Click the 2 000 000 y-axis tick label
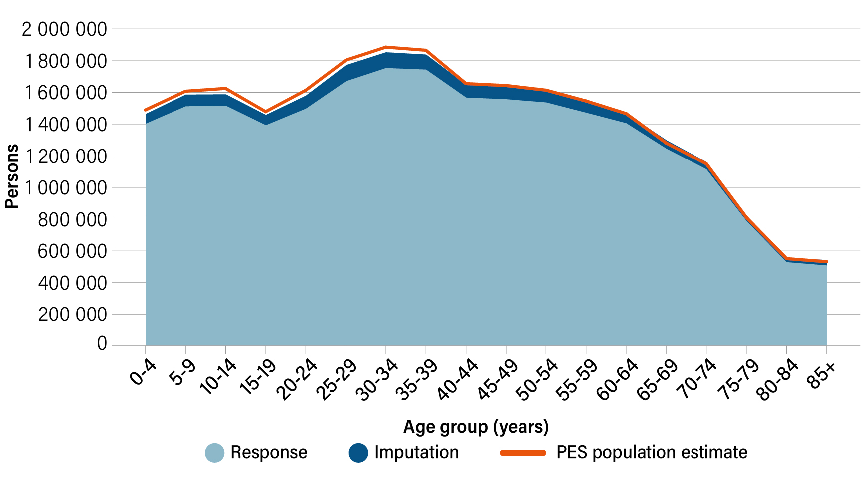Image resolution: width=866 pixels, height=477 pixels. point(64,29)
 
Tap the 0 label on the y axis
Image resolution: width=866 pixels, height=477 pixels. point(102,344)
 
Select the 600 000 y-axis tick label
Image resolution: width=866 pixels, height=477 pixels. point(72,251)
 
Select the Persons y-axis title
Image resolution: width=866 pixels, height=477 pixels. point(12,176)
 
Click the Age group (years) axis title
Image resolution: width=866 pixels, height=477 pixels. point(476,427)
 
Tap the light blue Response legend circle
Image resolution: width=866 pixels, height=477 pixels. point(215,453)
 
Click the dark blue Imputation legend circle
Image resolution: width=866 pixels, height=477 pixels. point(358,453)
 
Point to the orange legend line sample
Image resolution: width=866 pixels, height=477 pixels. point(523,453)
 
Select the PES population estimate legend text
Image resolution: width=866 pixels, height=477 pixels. point(652,453)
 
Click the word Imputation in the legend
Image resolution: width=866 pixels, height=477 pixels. point(416,453)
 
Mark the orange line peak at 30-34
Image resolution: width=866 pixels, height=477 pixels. point(386,47)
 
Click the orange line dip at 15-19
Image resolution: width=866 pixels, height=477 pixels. point(266,112)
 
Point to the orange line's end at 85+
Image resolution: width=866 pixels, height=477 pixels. point(826,261)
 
